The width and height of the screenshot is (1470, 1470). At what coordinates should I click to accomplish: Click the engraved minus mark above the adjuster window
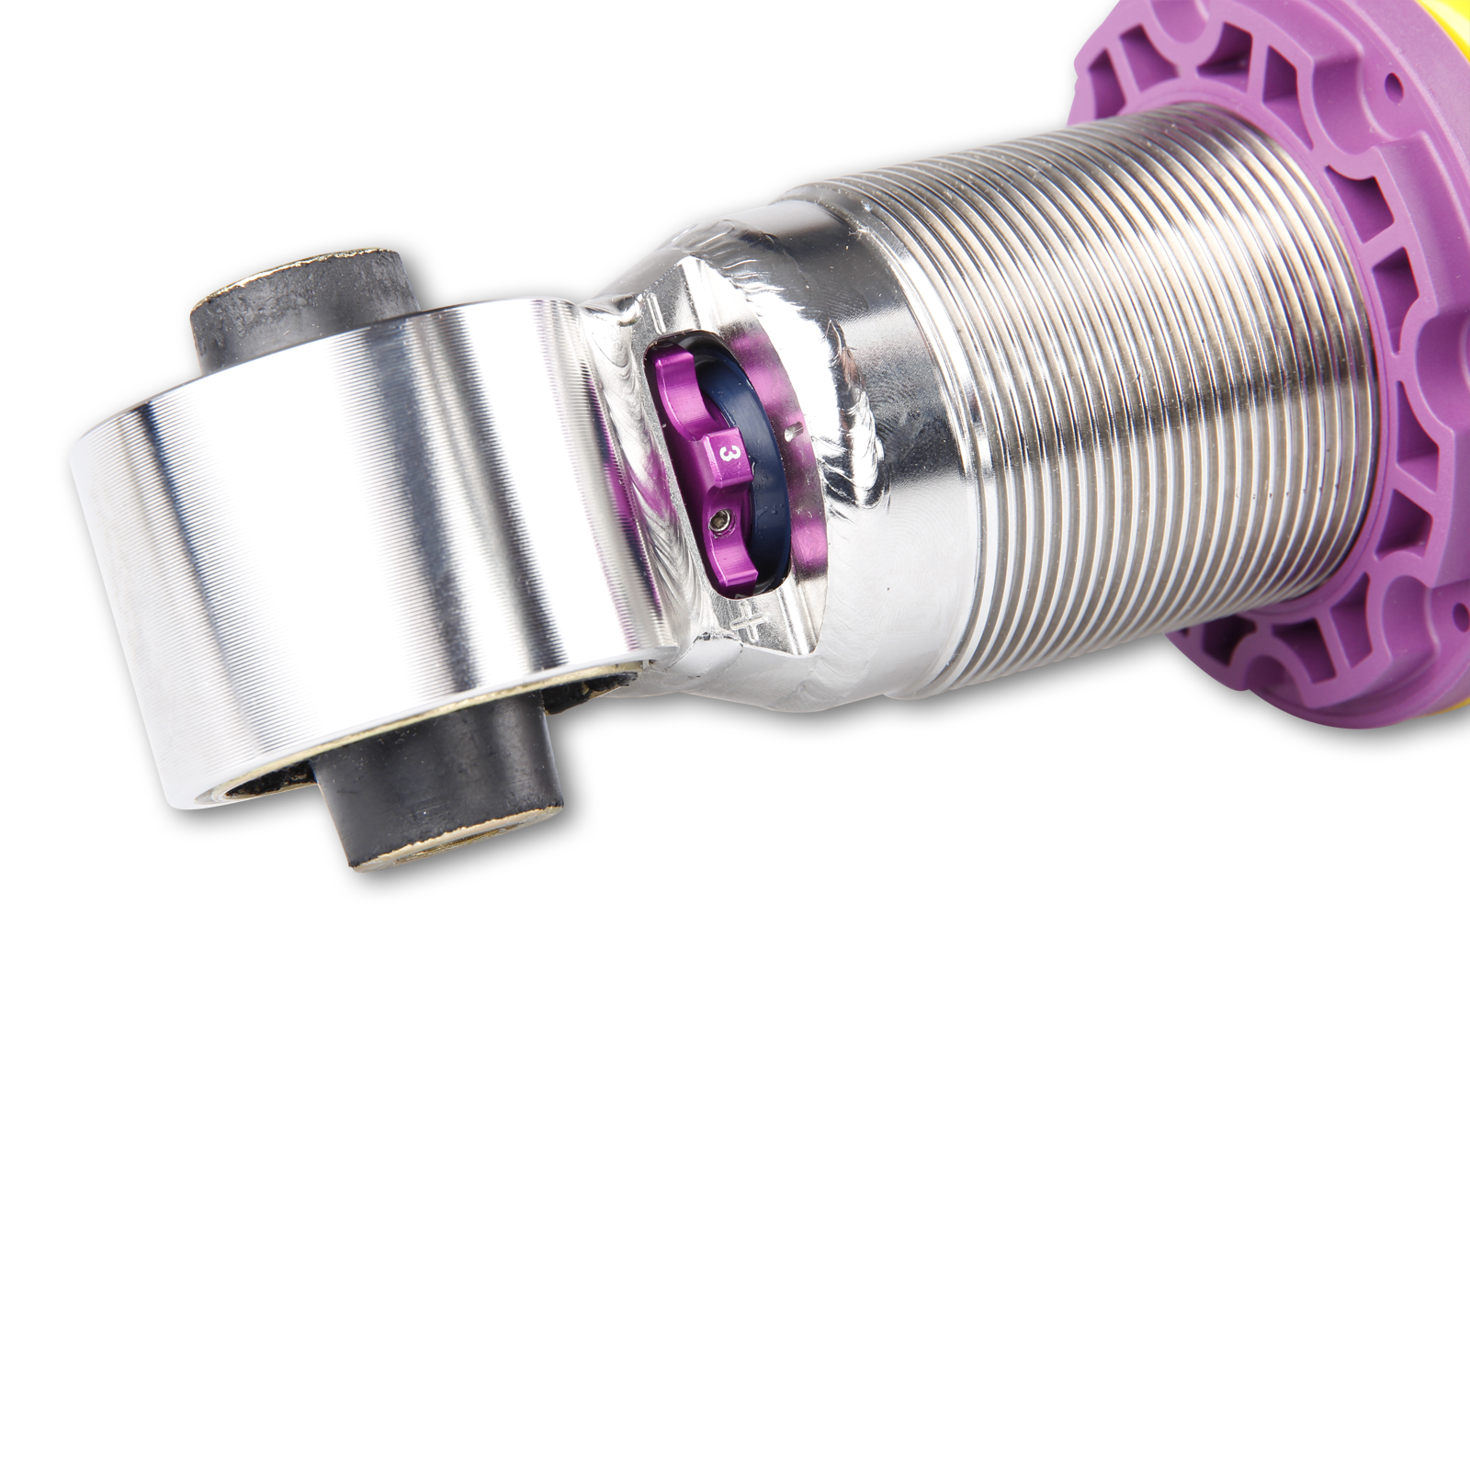point(653,312)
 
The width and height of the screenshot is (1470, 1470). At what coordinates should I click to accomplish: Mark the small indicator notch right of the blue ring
point(792,428)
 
